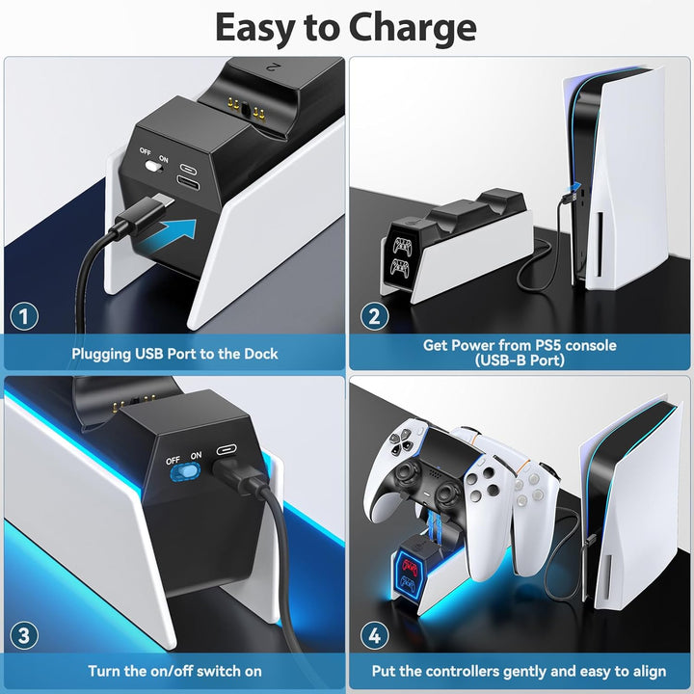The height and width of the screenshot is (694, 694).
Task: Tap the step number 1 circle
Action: pyautogui.click(x=24, y=316)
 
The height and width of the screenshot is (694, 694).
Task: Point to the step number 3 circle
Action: pyautogui.click(x=24, y=634)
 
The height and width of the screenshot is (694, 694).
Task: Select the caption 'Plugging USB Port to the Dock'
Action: pyautogui.click(x=174, y=354)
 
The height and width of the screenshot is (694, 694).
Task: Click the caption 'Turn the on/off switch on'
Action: pyautogui.click(x=174, y=670)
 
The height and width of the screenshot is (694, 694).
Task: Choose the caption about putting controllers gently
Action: pyautogui.click(x=520, y=670)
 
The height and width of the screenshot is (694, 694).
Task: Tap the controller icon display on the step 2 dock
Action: pyautogui.click(x=400, y=252)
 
